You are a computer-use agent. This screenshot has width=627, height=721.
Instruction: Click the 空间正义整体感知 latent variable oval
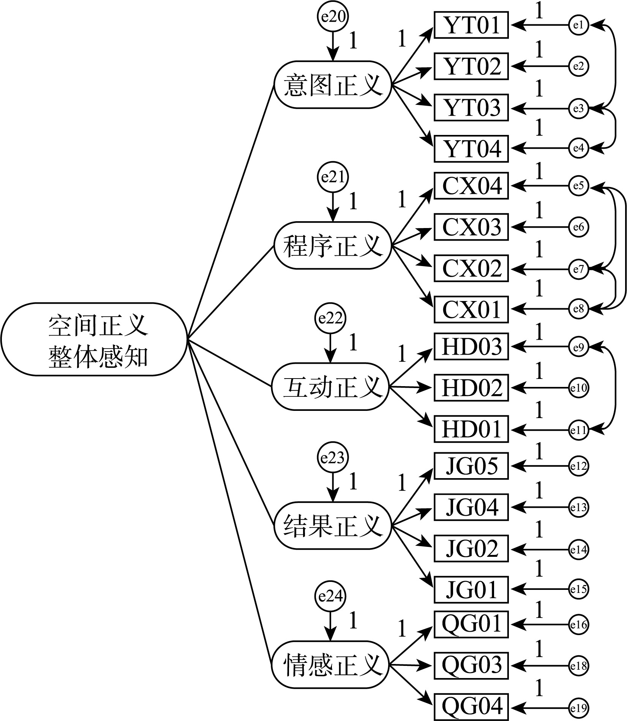(94, 339)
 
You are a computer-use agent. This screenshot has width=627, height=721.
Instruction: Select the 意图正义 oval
(332, 85)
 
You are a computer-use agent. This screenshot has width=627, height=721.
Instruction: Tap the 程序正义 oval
(332, 246)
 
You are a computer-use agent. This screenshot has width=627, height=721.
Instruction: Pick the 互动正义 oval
(330, 387)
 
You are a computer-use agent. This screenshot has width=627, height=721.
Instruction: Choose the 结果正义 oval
(332, 526)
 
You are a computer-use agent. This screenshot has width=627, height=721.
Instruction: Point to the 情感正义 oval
(330, 664)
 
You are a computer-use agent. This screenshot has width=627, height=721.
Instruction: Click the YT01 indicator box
(471, 25)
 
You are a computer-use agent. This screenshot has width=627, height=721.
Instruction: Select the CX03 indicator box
(471, 227)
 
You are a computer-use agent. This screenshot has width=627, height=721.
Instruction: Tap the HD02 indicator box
(471, 388)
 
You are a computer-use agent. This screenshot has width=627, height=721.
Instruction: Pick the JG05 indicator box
(471, 466)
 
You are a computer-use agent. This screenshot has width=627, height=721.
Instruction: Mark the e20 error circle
(333, 17)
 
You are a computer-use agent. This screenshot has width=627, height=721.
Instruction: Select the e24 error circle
(330, 596)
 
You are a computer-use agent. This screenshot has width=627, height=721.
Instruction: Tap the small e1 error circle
(578, 25)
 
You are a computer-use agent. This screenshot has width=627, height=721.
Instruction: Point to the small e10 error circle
(578, 388)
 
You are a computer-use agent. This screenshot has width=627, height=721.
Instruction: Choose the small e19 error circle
(578, 708)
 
